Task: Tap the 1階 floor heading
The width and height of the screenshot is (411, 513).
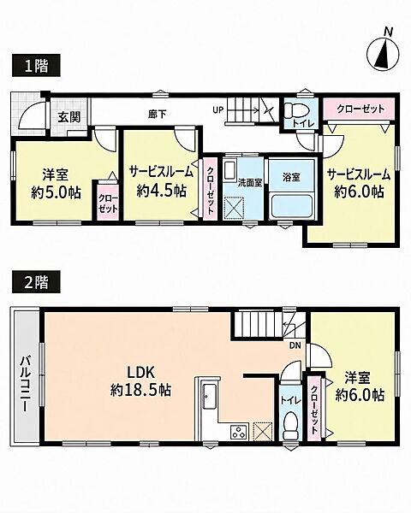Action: tap(36, 66)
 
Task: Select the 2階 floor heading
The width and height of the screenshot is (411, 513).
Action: tap(36, 281)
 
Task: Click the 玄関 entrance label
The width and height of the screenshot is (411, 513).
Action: tap(69, 117)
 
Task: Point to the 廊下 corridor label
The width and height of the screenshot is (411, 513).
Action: tap(157, 115)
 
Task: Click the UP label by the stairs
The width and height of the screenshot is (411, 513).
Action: tap(217, 110)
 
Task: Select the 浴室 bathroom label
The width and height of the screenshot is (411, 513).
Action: tap(291, 177)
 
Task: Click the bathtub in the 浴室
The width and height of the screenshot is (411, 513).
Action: tap(292, 206)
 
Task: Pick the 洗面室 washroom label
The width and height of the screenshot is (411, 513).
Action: tap(250, 183)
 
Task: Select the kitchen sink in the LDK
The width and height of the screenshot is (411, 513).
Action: tap(210, 396)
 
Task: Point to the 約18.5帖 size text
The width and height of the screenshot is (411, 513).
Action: tap(140, 390)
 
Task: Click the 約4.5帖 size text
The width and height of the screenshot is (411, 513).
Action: tap(162, 190)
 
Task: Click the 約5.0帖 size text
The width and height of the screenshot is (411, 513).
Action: tap(56, 192)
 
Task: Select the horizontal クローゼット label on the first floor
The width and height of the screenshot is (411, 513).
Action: tap(360, 109)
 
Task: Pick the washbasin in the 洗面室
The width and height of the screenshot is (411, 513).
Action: tap(230, 169)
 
